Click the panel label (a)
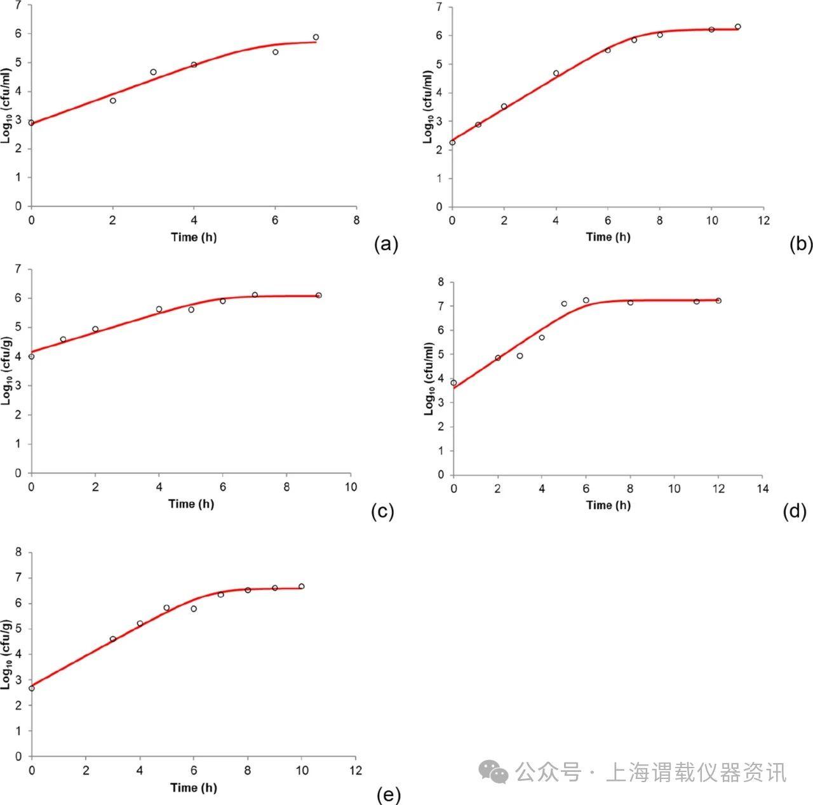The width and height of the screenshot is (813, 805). [386, 244]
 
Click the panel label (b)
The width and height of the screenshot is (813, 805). [801, 244]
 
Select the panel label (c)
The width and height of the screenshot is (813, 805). [383, 512]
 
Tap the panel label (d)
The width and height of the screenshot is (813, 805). [795, 511]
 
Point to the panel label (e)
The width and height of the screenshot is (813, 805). [388, 795]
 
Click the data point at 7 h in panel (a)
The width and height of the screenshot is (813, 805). [316, 37]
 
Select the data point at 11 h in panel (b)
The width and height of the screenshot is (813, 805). [737, 27]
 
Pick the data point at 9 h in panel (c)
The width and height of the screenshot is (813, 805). [319, 295]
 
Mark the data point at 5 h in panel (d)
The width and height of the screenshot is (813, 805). [564, 303]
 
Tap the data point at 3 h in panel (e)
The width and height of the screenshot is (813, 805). [113, 639]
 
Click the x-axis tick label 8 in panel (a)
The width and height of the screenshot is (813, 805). [356, 220]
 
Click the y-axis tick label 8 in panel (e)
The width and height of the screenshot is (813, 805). [18, 553]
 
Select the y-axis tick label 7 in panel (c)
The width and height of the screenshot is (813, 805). [18, 270]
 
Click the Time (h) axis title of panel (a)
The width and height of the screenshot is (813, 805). [194, 237]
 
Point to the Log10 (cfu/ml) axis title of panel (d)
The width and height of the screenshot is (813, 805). [430, 379]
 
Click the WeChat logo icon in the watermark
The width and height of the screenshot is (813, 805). [494, 772]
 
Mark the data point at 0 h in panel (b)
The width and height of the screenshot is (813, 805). [452, 142]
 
